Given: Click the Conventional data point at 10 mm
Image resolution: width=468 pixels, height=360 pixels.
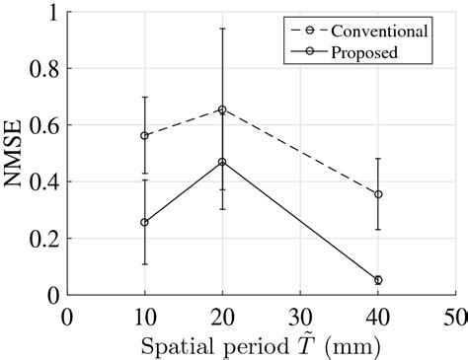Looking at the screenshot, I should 145,135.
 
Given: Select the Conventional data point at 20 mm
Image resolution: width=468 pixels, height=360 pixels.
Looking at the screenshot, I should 222,109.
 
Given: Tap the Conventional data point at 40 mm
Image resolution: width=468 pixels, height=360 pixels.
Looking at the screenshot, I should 378,194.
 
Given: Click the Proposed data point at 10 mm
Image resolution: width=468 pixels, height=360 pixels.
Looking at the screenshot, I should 145,222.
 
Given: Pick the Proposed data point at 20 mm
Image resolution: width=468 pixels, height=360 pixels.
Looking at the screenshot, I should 222,162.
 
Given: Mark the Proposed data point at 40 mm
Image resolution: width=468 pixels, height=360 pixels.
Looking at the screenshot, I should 378,280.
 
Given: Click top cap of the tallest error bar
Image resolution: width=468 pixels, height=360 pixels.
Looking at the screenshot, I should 222,29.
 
